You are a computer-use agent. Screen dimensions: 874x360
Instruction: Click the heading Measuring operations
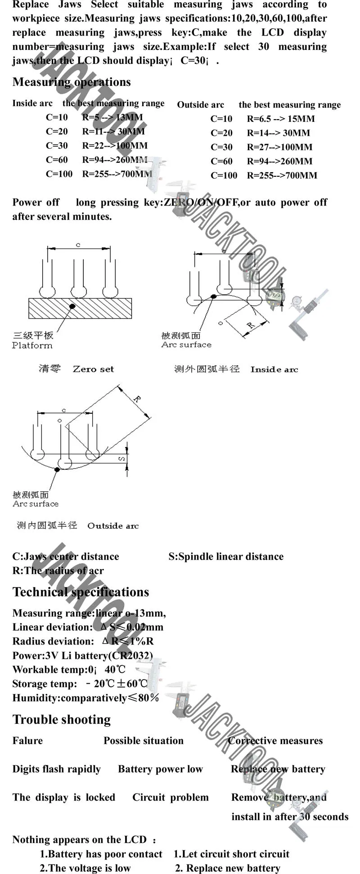click(72, 82)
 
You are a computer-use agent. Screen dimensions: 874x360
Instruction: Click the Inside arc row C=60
click(57, 160)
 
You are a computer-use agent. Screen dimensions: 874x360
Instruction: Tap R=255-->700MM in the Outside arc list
click(282, 175)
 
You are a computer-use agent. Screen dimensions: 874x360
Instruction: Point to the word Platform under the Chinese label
click(32, 345)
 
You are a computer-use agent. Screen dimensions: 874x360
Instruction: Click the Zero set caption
click(93, 369)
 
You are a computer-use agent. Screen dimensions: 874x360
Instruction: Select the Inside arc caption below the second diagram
click(274, 370)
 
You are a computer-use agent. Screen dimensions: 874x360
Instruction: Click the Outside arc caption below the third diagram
click(113, 526)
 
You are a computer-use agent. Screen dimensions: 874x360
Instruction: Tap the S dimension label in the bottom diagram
click(121, 458)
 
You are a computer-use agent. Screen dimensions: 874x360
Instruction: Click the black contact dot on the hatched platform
click(72, 306)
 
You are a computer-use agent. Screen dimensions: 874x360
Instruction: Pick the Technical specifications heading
click(81, 592)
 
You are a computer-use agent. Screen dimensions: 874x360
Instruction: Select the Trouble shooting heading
click(62, 720)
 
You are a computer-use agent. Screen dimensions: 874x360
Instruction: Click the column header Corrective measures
click(275, 741)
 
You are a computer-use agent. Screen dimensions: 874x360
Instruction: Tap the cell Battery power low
click(160, 769)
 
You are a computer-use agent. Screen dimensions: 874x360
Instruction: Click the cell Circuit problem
click(170, 798)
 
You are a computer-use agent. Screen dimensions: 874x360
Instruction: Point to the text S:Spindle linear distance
click(226, 556)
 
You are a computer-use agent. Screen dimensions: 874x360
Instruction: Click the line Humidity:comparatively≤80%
click(85, 698)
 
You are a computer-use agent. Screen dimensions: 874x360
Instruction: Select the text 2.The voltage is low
click(85, 868)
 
